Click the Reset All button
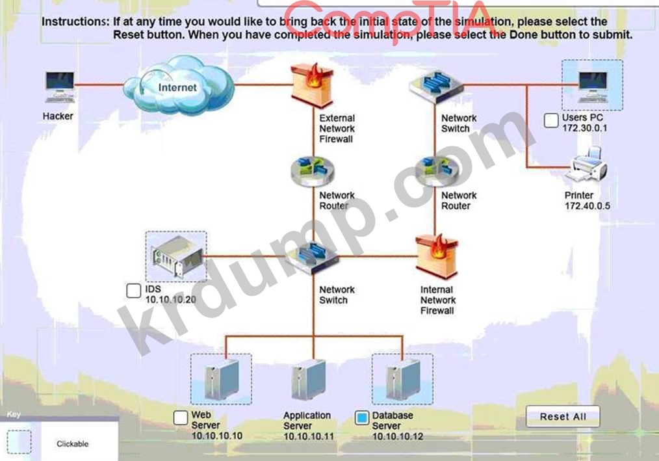[x=563, y=416]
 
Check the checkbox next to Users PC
[x=551, y=120]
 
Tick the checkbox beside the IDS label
[x=134, y=291]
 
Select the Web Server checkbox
[x=181, y=417]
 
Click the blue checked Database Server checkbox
[x=361, y=417]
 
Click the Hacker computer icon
[x=60, y=86]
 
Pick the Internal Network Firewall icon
[x=437, y=257]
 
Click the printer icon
[x=588, y=165]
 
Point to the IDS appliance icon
[x=177, y=256]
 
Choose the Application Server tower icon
[x=309, y=380]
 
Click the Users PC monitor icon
[x=593, y=86]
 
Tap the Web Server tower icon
[x=222, y=380]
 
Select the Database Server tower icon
[x=403, y=380]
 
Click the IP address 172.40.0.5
[x=587, y=206]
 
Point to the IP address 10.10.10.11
[x=309, y=436]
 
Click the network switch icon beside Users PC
[x=436, y=86]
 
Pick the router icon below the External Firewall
[x=313, y=171]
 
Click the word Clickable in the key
[x=72, y=443]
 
